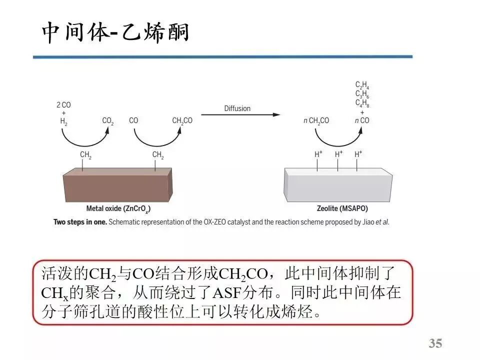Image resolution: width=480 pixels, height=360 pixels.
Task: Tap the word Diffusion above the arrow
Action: (237, 108)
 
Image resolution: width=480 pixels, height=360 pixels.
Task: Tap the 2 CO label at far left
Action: (63, 105)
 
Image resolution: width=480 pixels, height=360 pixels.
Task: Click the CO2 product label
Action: (108, 121)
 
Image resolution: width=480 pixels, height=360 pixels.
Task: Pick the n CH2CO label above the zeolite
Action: (316, 121)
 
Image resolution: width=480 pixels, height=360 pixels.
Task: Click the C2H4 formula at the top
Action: (362, 85)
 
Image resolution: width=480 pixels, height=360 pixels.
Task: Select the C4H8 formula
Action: (362, 103)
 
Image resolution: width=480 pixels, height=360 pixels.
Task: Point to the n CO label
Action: (361, 121)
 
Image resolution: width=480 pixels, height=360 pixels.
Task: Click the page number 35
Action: (435, 343)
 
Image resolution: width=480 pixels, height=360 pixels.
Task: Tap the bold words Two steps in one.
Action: (80, 221)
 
